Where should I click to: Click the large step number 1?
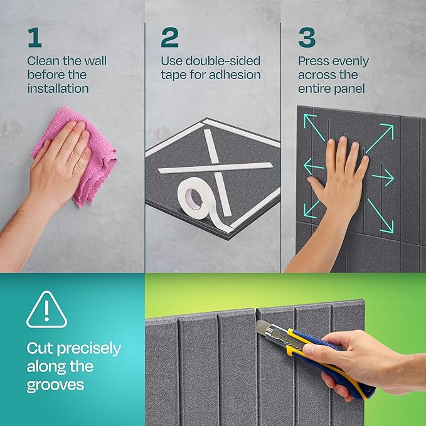click(34, 37)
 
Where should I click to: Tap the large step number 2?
click(169, 37)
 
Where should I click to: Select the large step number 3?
click(307, 37)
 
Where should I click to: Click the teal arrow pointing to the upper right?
click(381, 136)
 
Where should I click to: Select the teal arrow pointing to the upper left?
click(313, 123)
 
